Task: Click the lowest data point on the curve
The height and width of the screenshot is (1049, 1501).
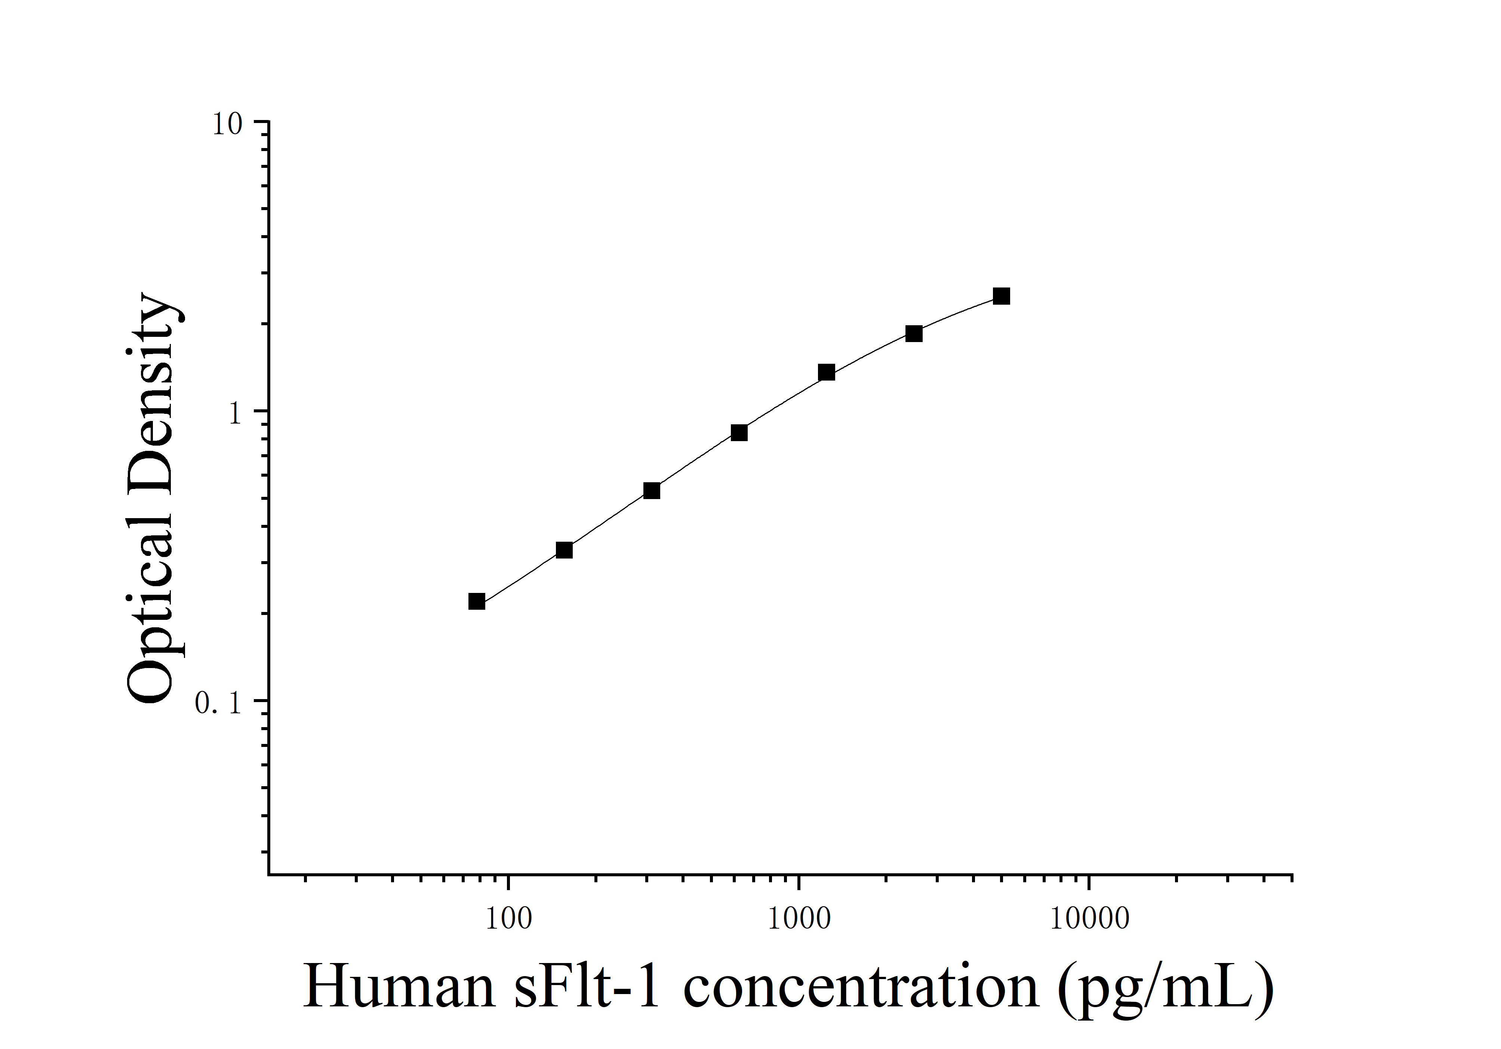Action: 477,601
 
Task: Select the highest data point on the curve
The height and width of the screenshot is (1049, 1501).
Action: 1001,296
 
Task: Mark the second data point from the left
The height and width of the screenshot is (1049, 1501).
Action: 564,550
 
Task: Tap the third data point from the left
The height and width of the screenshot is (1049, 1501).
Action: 652,490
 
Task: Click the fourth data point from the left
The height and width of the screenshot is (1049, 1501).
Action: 739,433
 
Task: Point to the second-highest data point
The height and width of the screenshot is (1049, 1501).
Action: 914,334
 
